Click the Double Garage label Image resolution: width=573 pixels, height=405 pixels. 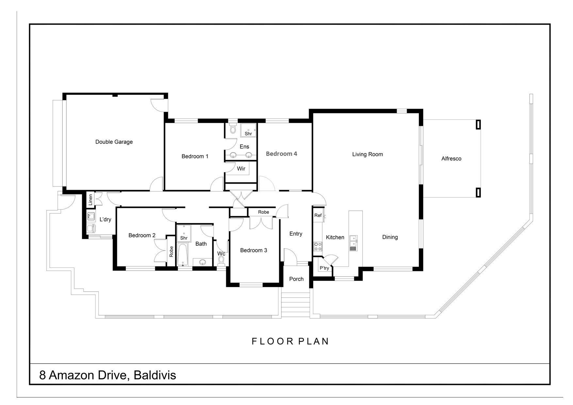[114, 142]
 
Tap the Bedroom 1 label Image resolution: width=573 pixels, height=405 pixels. [195, 156]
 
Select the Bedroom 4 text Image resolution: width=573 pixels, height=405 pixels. [281, 154]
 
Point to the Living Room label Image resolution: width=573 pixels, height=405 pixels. [368, 154]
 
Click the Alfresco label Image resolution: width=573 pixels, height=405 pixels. [451, 159]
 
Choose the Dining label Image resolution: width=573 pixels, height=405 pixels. [390, 237]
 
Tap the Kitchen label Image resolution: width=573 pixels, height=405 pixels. [335, 237]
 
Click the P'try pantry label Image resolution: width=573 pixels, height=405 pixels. [324, 268]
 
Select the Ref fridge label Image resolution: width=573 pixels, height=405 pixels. [318, 215]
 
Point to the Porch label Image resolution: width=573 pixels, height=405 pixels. [296, 279]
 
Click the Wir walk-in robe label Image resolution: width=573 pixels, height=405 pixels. [241, 169]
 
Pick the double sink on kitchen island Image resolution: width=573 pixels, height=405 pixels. [353, 243]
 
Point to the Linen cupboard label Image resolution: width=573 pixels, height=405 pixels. [90, 200]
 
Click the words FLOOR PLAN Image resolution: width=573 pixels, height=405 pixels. [290, 341]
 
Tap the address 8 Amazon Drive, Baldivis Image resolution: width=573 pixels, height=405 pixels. [107, 375]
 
